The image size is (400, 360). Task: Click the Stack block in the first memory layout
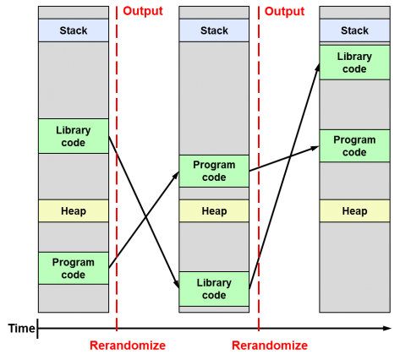point(74,30)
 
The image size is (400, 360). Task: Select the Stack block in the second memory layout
point(214,30)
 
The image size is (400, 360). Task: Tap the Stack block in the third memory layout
point(353,30)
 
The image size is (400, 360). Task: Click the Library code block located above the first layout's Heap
point(74,136)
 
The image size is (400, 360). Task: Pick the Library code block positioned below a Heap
point(214,289)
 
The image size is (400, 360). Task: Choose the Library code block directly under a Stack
point(353,63)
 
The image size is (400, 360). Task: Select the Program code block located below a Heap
point(74,268)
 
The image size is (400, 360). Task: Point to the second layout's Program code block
point(214,171)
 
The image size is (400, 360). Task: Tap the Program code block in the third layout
point(353,146)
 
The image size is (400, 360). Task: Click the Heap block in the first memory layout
point(74,210)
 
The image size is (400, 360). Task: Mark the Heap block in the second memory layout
point(214,210)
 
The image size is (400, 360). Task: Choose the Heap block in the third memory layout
point(353,210)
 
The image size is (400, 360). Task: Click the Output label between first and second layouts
point(143,11)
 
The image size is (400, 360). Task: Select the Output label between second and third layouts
point(284,11)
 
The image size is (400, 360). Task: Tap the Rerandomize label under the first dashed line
point(128,346)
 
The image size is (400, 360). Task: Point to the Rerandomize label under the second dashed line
point(270,346)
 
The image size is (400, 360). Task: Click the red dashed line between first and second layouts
point(117,169)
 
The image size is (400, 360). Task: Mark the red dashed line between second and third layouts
point(259,169)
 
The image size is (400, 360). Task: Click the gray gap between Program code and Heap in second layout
point(214,194)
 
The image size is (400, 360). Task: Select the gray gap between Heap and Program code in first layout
point(74,237)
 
